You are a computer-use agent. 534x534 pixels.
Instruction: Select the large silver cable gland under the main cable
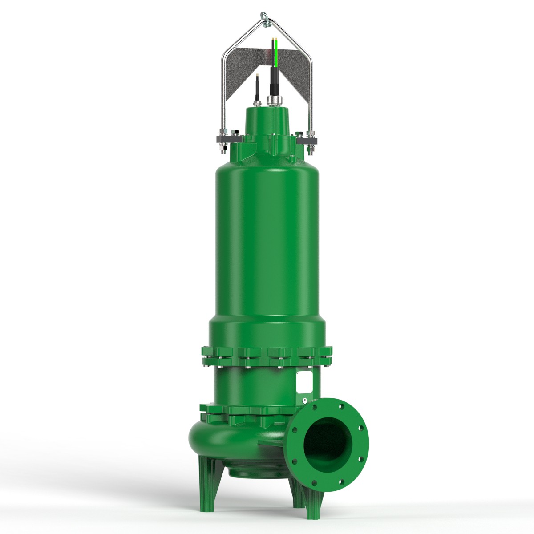[x=272, y=101]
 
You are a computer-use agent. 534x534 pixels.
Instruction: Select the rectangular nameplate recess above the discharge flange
[x=304, y=380]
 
